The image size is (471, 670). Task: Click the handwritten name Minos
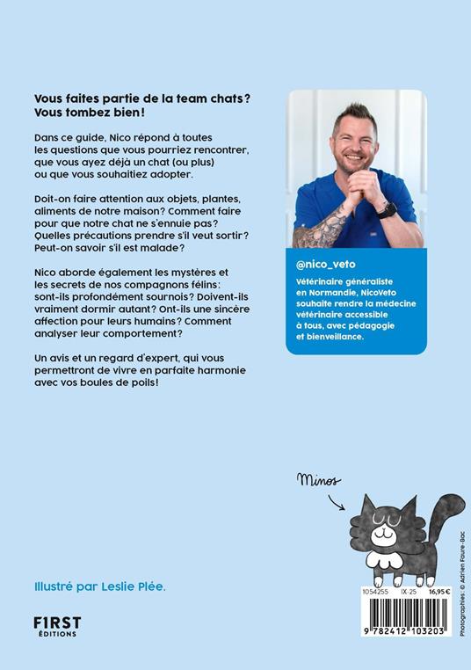click(x=320, y=479)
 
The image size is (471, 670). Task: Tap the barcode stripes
click(x=402, y=612)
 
